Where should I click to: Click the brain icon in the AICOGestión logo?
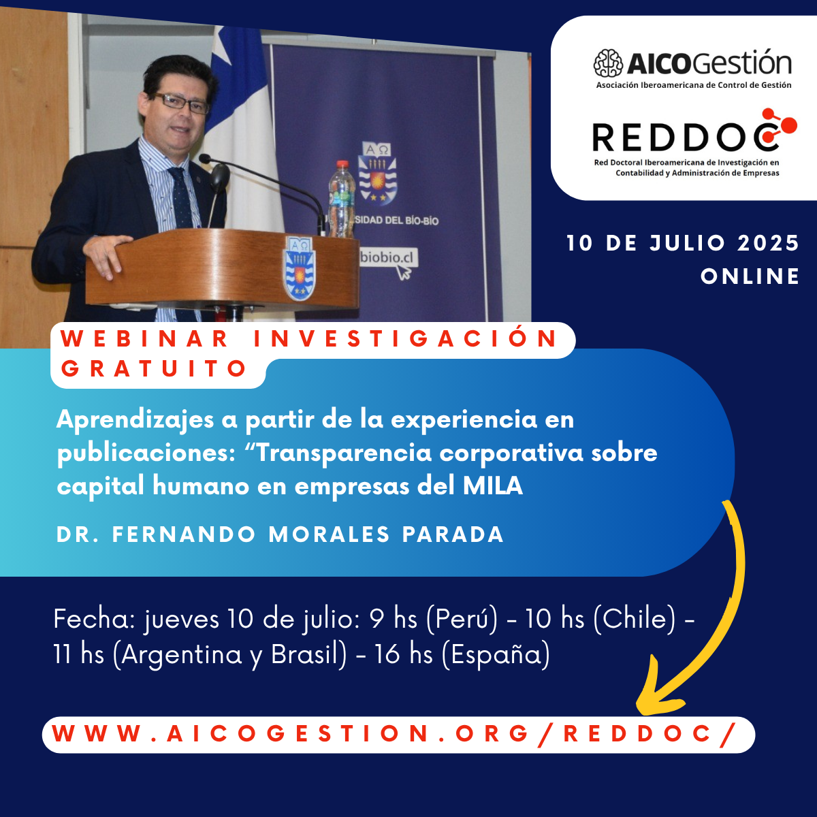pos(608,63)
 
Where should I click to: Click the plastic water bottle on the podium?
pos(342,199)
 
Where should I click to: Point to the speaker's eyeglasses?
pos(180,102)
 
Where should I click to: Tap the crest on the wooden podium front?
pos(300,268)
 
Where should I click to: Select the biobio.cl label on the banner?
pos(387,257)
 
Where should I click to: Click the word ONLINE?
pos(750,276)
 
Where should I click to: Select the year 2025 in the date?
pos(768,243)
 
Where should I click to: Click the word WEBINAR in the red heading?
pos(144,338)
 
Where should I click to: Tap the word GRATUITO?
pos(153,368)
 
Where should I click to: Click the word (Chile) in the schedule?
pos(635,619)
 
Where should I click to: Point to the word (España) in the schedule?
pos(496,654)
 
